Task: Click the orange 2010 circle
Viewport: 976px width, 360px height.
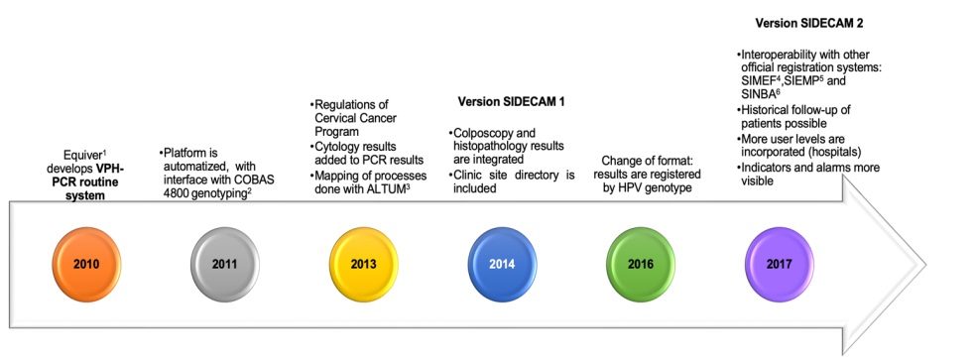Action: click(x=86, y=264)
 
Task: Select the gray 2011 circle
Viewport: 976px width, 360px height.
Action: click(x=225, y=264)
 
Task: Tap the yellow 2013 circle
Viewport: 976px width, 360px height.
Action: click(x=363, y=264)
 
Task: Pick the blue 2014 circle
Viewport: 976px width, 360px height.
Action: click(x=502, y=264)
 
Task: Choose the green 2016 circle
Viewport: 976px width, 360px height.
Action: click(x=641, y=264)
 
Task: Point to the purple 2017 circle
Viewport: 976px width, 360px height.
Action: click(x=780, y=264)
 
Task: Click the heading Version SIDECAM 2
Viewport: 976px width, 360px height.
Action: click(x=808, y=23)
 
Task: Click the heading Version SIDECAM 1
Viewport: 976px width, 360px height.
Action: click(x=511, y=101)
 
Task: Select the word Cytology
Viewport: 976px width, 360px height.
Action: click(x=337, y=147)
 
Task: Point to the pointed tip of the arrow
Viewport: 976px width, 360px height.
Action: click(x=925, y=264)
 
